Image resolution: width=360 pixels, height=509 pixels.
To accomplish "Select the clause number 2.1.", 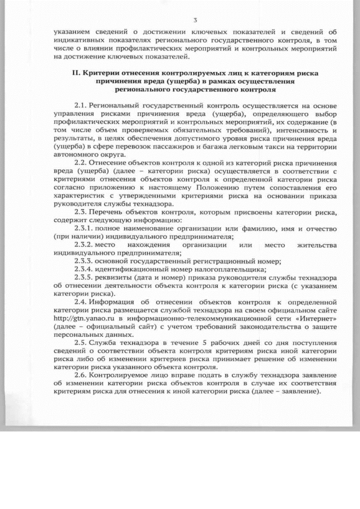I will (x=82, y=105).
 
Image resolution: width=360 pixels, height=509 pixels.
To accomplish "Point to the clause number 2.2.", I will (x=82, y=162).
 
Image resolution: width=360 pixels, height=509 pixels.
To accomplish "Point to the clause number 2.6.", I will (x=82, y=375).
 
